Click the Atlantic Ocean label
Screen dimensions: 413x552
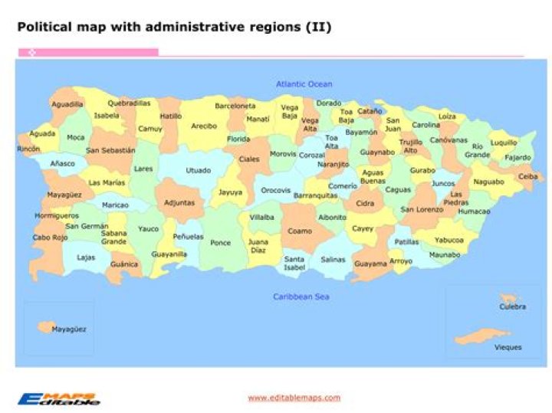[x=304, y=84]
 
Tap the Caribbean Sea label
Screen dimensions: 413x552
[x=302, y=296]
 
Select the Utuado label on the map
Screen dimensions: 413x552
[x=198, y=170]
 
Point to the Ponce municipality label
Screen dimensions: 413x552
[x=221, y=243]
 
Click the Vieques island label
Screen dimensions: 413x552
[x=508, y=347]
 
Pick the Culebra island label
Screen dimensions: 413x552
[x=512, y=306]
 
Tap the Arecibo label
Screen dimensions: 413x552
[x=204, y=126]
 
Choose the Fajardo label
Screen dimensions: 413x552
[x=517, y=158]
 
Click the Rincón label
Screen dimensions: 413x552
[x=28, y=149]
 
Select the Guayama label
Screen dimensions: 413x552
[x=370, y=264]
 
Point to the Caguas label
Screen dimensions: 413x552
[x=397, y=189]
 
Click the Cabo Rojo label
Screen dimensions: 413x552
[x=50, y=238]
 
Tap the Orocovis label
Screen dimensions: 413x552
[x=275, y=190]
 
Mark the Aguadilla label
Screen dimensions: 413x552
[x=67, y=103]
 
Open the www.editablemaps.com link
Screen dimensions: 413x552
[x=294, y=398]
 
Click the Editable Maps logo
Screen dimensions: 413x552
[x=59, y=398]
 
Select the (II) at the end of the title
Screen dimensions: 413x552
[x=319, y=27]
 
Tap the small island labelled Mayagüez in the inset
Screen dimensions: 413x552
[x=44, y=327]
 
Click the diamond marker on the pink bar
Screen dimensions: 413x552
[x=32, y=52]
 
